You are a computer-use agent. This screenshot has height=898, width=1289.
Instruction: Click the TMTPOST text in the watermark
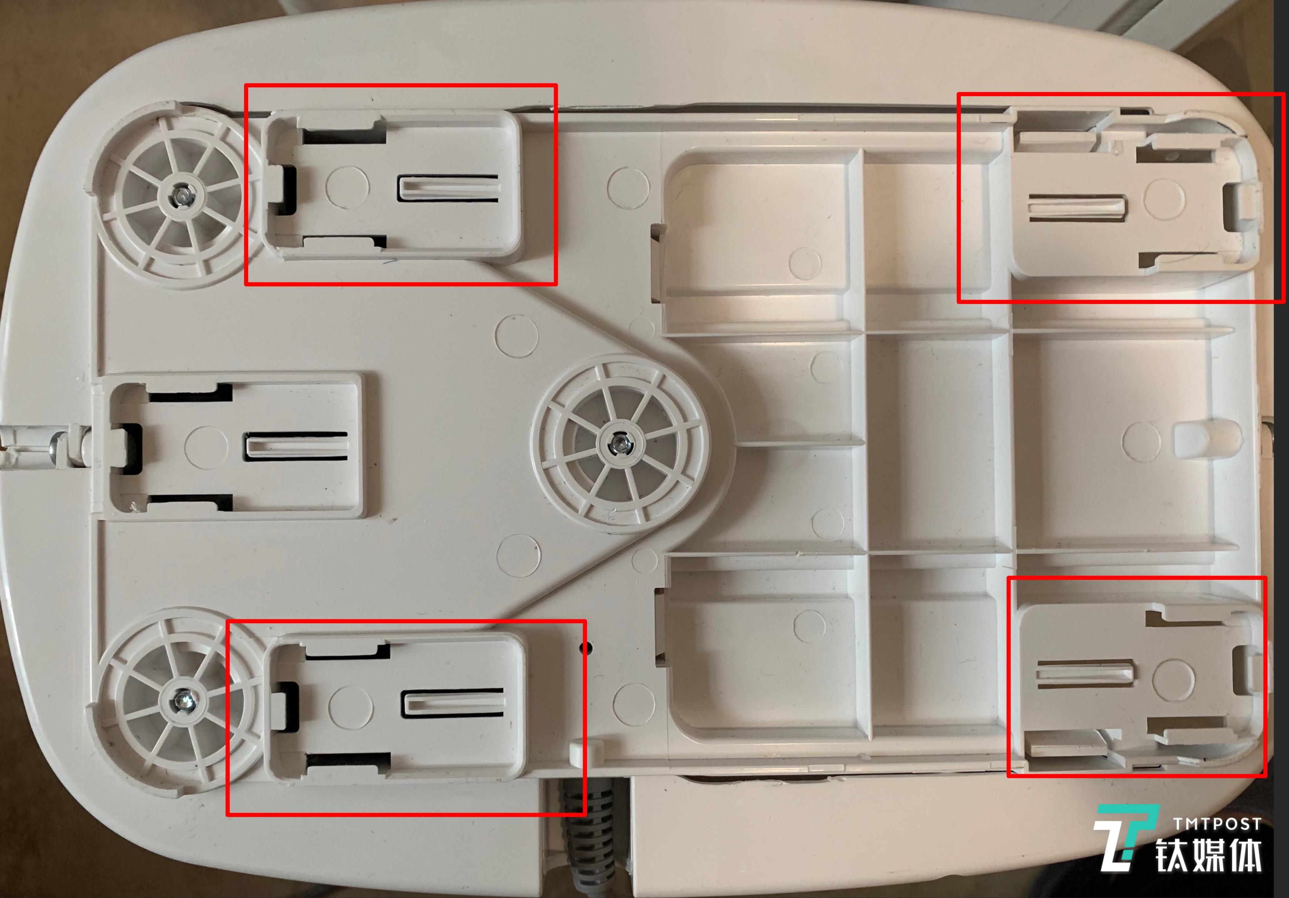click(1217, 824)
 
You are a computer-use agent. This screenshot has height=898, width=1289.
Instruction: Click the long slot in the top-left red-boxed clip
click(448, 188)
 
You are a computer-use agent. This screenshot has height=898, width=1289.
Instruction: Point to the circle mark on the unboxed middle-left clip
click(206, 447)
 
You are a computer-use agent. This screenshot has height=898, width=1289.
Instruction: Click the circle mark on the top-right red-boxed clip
click(1164, 198)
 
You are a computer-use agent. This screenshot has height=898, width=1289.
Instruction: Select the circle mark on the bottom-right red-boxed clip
click(1173, 678)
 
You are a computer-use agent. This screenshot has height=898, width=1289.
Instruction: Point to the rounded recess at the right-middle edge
click(1207, 437)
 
